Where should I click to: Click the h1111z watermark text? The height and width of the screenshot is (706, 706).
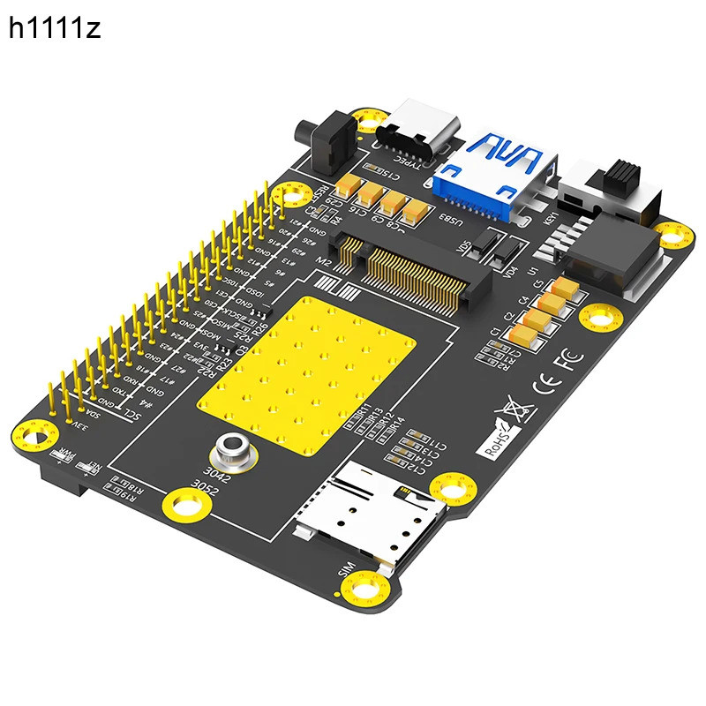click(55, 29)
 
